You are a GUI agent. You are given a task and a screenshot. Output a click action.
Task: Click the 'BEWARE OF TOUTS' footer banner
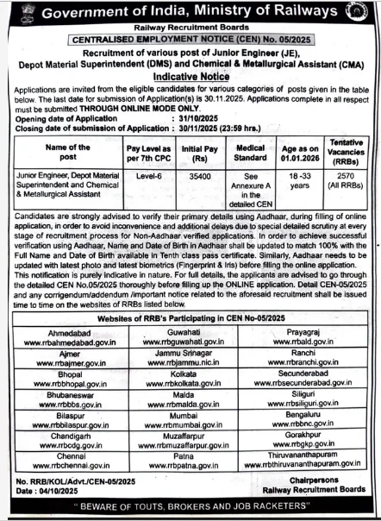point(190,507)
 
